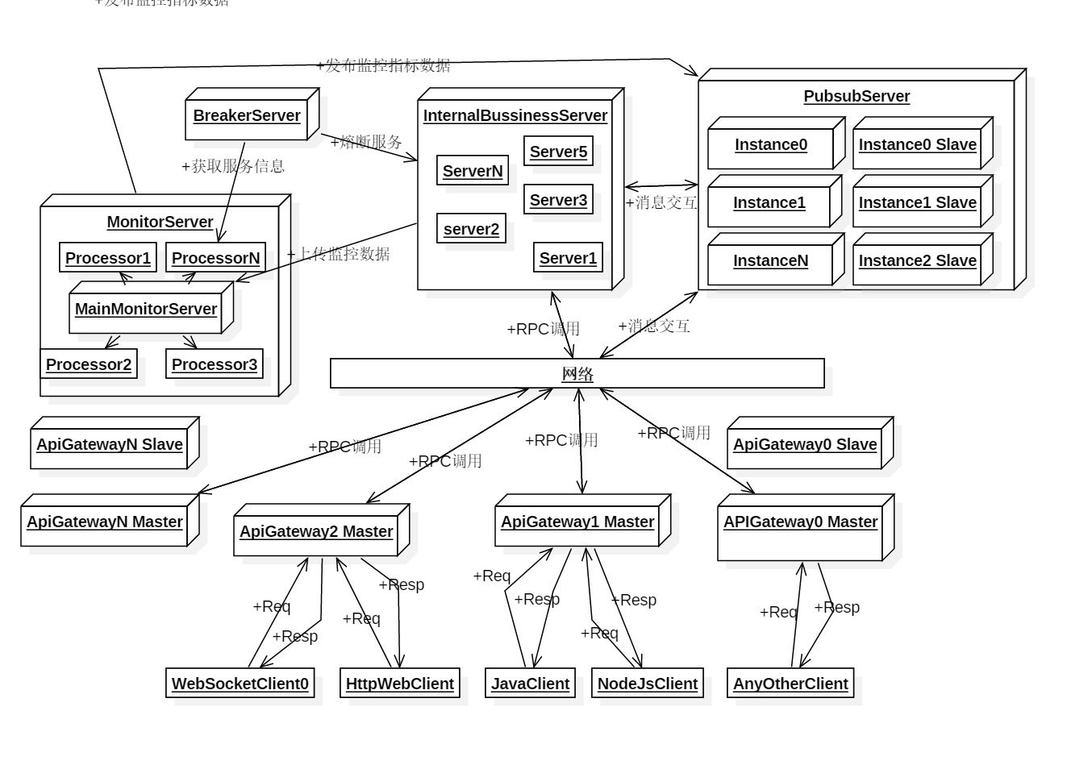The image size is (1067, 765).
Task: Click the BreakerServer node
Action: tap(247, 116)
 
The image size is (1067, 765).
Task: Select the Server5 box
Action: tap(558, 152)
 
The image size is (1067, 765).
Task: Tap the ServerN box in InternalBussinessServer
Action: tap(473, 171)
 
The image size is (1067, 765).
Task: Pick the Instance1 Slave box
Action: tap(918, 203)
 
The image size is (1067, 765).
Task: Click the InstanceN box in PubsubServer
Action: tap(770, 261)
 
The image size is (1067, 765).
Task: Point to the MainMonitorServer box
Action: tap(146, 310)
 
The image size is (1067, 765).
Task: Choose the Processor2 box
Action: tap(89, 364)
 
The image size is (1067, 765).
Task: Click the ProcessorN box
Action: tap(216, 259)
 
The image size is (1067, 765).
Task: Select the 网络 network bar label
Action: tap(577, 374)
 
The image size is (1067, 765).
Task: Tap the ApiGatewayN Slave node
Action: tap(110, 445)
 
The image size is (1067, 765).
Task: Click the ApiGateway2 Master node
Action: tap(316, 532)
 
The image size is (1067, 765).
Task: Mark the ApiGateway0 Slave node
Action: tap(805, 445)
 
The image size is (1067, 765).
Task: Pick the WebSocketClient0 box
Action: tap(240, 684)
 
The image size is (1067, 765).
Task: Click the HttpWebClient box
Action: tap(400, 684)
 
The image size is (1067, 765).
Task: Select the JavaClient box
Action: tap(531, 684)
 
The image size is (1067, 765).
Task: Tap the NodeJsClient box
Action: tap(648, 684)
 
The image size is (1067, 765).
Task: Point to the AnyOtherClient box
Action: tap(790, 684)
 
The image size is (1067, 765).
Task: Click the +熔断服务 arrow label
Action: tap(366, 143)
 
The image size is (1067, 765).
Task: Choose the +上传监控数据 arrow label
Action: tap(339, 254)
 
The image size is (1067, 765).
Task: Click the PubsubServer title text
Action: tap(857, 97)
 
